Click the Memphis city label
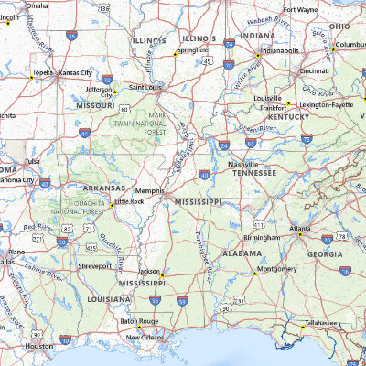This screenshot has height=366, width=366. tap(149, 190)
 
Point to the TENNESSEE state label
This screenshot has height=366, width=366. tap(253, 172)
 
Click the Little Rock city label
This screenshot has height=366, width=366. tap(129, 200)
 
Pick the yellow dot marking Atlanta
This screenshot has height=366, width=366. tap(299, 234)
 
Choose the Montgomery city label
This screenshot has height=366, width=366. tap(277, 269)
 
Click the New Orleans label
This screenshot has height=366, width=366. tap(145, 337)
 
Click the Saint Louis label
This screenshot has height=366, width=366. tap(145, 87)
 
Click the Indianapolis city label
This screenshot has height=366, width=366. tap(280, 51)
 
